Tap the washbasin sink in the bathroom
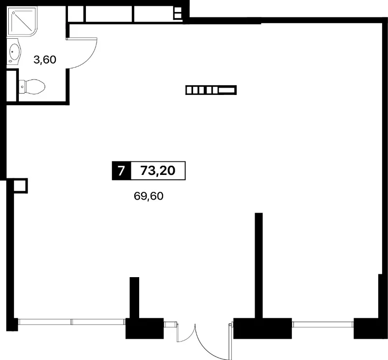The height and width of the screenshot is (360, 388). tap(14, 52)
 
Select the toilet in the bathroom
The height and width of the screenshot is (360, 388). tap(32, 87)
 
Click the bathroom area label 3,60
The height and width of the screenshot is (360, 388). tap(45, 60)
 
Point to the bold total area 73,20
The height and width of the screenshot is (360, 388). tap(158, 171)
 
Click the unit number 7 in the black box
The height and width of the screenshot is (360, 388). tap(121, 171)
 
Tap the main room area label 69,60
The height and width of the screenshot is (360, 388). tap(148, 196)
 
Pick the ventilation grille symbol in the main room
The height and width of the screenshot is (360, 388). tap(211, 90)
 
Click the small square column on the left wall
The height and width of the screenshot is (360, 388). tap(20, 186)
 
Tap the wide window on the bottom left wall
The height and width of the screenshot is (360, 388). tap(71, 322)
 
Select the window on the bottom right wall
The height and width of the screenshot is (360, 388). tap(323, 325)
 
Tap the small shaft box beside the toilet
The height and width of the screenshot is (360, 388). tap(12, 86)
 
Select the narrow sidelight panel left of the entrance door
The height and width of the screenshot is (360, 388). tap(170, 324)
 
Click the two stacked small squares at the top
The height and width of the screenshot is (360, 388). tap(178, 13)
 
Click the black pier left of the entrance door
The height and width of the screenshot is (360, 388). tap(145, 329)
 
